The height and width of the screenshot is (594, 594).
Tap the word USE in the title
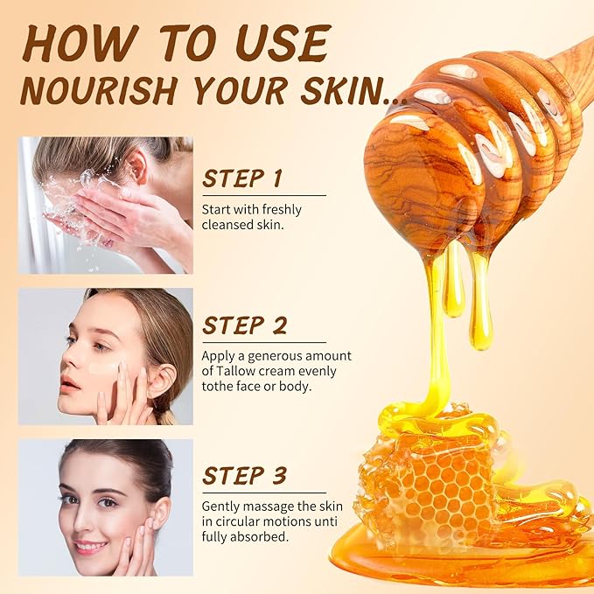[x=285, y=43]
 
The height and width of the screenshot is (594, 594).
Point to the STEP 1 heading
[x=242, y=178]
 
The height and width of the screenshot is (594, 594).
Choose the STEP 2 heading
[x=245, y=325]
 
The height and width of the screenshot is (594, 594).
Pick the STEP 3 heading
[x=245, y=476]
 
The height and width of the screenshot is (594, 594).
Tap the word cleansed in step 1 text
[x=227, y=225]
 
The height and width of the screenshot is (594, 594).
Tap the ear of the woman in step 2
[x=163, y=381]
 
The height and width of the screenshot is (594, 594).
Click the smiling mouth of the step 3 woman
[x=90, y=547]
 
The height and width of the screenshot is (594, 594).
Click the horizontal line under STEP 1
[x=264, y=195]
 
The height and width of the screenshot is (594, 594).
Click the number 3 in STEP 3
[x=279, y=476]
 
